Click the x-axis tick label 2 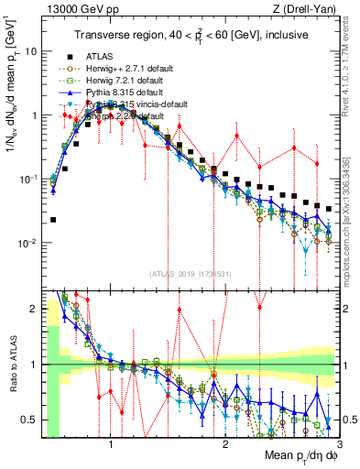click(x=225, y=445)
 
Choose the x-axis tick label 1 click(x=111, y=445)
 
